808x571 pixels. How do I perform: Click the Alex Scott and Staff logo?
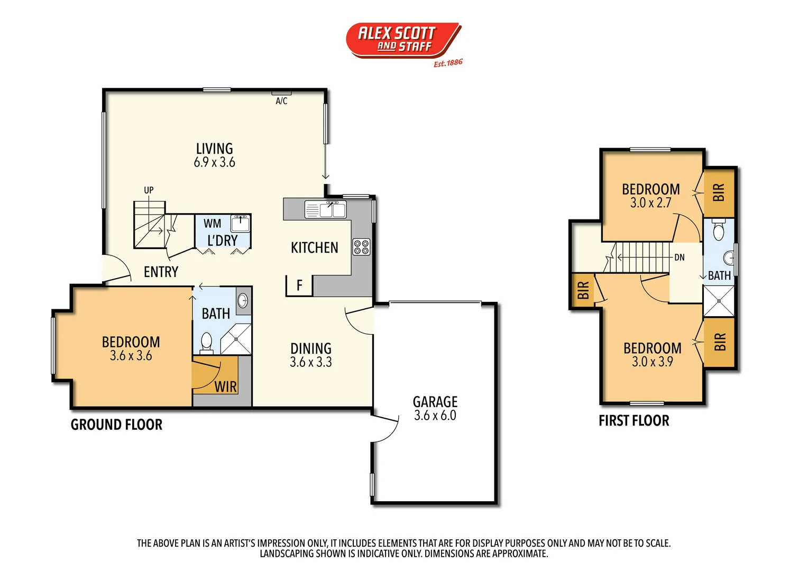[403, 40]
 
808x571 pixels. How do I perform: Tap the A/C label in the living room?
[281, 101]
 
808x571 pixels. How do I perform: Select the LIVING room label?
[214, 149]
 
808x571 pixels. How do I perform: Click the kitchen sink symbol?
[326, 209]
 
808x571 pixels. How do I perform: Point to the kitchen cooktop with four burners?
[362, 247]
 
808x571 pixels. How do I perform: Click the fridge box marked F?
[299, 285]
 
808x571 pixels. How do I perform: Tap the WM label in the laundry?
[213, 224]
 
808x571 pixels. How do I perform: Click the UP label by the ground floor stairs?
[149, 190]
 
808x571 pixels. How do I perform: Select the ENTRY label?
[161, 272]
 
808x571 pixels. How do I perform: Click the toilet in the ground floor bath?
[207, 342]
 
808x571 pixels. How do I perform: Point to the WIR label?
[226, 386]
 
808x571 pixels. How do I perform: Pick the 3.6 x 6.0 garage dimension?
[435, 416]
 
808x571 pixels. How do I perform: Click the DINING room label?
[311, 348]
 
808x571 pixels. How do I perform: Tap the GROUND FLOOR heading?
[116, 425]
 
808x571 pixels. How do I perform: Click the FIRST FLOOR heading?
[633, 421]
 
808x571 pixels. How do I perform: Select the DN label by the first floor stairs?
[680, 257]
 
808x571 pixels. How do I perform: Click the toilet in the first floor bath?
[719, 231]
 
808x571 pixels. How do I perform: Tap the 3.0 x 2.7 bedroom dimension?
[650, 202]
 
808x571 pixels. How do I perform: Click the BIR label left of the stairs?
[583, 290]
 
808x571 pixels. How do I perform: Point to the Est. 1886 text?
[448, 63]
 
